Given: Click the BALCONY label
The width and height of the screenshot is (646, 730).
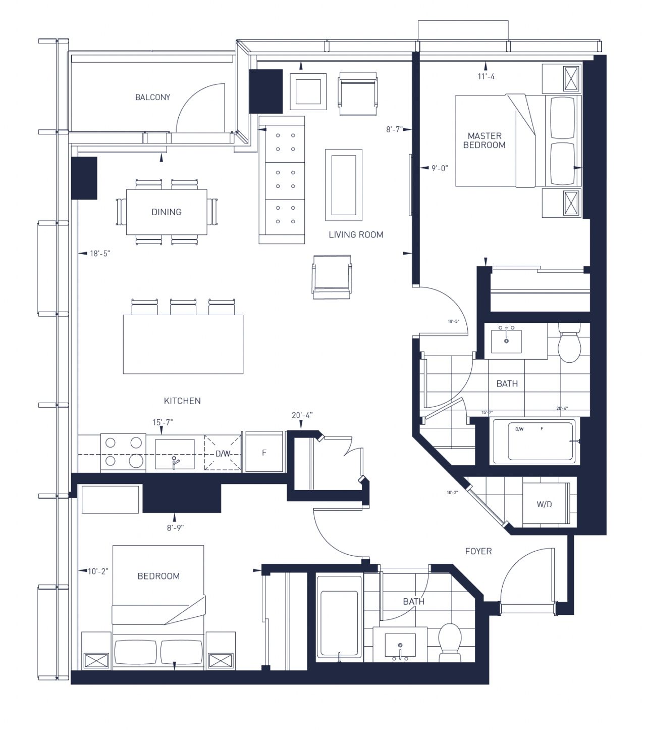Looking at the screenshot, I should click(x=152, y=97).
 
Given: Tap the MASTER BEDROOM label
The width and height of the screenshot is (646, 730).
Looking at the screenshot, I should click(x=484, y=140).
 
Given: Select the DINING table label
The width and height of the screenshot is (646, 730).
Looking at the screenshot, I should click(x=166, y=212).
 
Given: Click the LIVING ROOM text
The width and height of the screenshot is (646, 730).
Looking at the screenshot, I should click(x=356, y=234).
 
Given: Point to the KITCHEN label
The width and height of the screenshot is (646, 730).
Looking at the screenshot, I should click(x=182, y=401).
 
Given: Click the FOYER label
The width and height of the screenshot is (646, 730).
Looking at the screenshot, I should click(x=478, y=551).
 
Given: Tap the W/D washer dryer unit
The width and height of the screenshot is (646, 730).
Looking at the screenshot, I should click(x=545, y=504).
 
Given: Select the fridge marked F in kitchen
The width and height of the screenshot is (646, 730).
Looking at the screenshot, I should click(x=263, y=453).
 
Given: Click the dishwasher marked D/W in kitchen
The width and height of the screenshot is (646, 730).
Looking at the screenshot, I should click(x=223, y=453).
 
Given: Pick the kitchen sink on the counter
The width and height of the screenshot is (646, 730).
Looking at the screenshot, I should click(x=174, y=454).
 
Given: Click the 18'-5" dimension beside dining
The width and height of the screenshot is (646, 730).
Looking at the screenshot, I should click(x=99, y=254).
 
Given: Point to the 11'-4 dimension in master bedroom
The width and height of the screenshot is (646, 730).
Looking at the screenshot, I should click(x=486, y=77).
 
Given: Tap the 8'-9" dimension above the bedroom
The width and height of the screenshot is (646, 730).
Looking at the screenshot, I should click(x=175, y=528).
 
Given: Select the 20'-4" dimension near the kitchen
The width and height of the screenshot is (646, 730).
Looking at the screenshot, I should click(x=302, y=415).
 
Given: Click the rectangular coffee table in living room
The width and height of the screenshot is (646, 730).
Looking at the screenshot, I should click(x=344, y=184).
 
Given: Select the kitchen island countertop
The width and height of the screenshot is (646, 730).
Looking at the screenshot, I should click(x=183, y=344).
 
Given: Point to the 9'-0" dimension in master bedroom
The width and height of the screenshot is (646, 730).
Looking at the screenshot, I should click(x=440, y=168).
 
